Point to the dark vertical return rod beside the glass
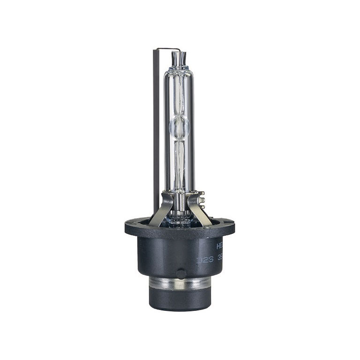click(x=156, y=131)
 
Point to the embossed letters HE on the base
click(x=220, y=245)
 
